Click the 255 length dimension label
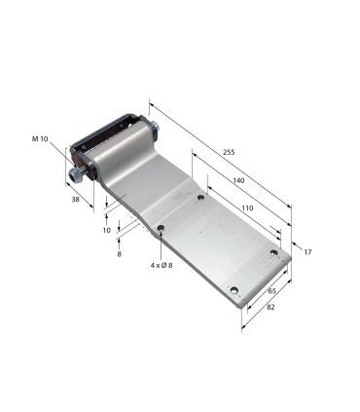click(x=229, y=153)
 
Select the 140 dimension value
click(x=237, y=181)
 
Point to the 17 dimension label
click(x=308, y=253)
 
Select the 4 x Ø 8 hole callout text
click(x=161, y=265)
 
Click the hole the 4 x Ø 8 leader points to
click(x=160, y=230)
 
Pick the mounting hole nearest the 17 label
click(x=273, y=253)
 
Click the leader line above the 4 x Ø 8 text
click(x=160, y=246)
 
